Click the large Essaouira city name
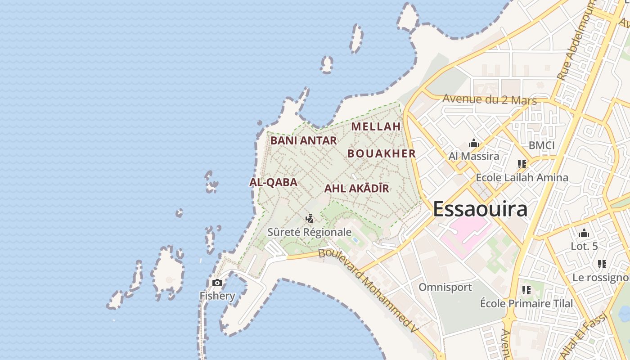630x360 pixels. [x=480, y=210]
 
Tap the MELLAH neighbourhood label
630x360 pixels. [x=376, y=126]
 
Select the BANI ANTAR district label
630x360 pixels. [x=303, y=140]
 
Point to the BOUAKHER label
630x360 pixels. [x=382, y=153]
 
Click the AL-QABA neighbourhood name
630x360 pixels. [x=273, y=182]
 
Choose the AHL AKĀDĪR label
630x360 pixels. [x=356, y=189]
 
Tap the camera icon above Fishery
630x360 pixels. [x=217, y=283]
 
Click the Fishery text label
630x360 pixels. [x=217, y=296]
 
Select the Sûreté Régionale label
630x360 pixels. [x=309, y=232]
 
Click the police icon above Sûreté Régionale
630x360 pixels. [x=309, y=219]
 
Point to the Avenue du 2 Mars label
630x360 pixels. [x=490, y=99]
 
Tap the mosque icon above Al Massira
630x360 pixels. [x=473, y=144]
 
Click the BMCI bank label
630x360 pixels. [x=541, y=145]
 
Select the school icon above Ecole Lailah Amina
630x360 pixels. [x=522, y=164]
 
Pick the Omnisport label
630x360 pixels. [x=445, y=287]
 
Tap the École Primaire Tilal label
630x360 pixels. [x=526, y=303]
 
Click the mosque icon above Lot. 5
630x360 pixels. [x=584, y=233]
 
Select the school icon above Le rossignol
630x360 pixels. [x=602, y=264]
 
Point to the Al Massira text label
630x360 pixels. [x=474, y=156]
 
